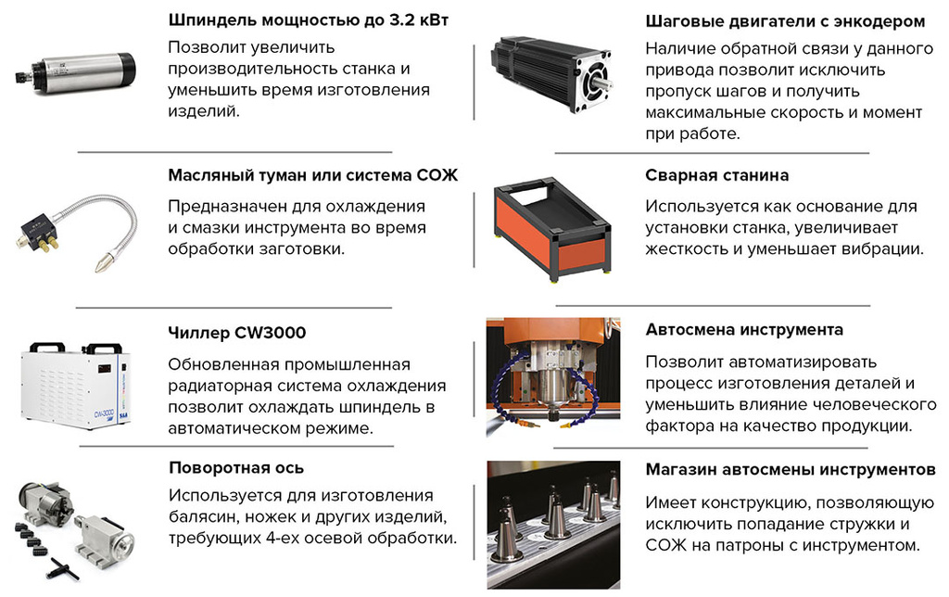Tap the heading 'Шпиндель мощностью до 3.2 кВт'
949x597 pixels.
308,20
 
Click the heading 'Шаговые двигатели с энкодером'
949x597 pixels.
784,20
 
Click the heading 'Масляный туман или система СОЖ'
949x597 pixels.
313,175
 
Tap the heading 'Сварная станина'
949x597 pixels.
716,175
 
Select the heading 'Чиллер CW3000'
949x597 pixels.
237,332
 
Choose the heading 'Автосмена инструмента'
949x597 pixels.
744,330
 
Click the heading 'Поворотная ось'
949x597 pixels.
236,467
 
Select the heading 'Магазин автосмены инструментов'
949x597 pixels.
791,470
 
